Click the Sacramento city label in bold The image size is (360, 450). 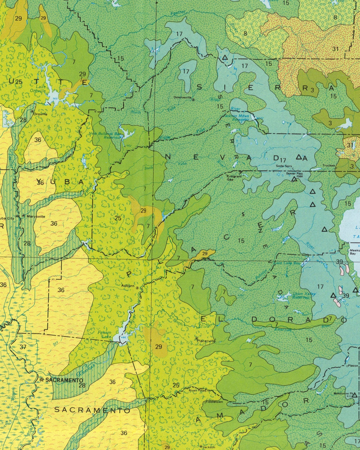pyautogui.click(x=64, y=380)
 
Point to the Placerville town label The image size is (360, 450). pyautogui.click(x=206, y=341)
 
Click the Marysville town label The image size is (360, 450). pyautogui.click(x=36, y=216)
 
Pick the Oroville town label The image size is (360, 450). pyautogui.click(x=40, y=114)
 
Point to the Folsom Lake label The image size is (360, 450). pyautogui.click(x=104, y=335)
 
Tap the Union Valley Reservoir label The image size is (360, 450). pyautogui.click(x=304, y=296)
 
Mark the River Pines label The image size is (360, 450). pyautogui.click(x=197, y=390)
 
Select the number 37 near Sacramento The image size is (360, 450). pyautogui.click(x=23, y=347)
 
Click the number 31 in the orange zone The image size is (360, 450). pyautogui.click(x=335, y=49)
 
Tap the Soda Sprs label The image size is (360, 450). pyautogui.click(x=283, y=166)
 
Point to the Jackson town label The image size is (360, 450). pyautogui.click(x=209, y=447)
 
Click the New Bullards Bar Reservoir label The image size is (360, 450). pyautogui.click(x=105, y=135)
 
